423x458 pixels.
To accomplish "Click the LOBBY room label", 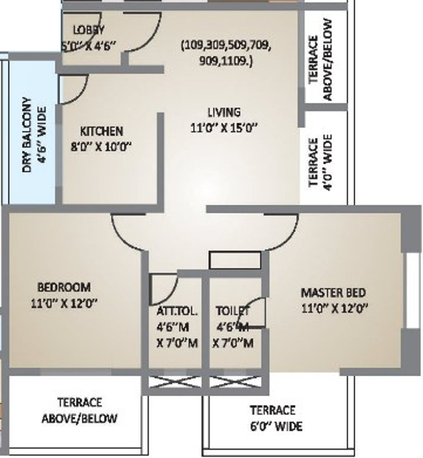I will pos(89,30).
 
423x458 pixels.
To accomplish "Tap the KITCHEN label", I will pos(102,131).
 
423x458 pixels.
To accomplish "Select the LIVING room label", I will pos(223,112).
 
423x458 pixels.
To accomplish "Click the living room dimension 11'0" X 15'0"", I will pos(224,128).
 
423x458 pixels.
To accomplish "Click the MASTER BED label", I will pos(333,292).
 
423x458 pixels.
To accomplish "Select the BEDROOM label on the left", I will pos(63,287).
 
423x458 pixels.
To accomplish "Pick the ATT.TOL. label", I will pos(177,311).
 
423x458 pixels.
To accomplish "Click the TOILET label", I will pos(233,311).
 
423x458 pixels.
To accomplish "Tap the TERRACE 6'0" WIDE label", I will pos(275,419).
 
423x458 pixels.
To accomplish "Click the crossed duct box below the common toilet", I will pos(233,384).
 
